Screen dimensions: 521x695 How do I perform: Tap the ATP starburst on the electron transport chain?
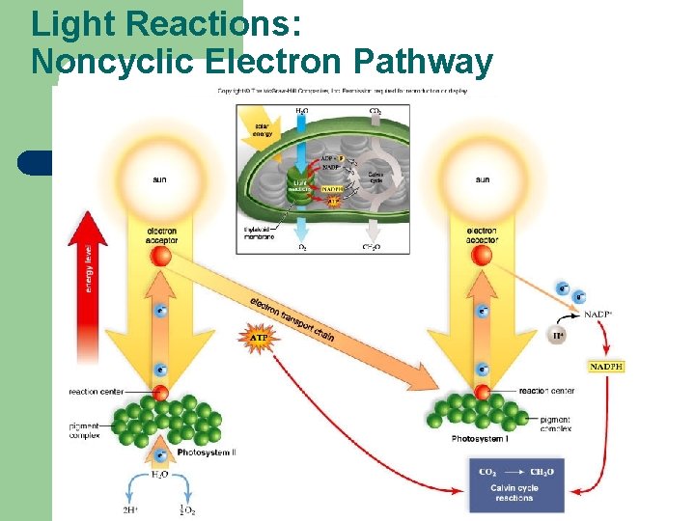click(259, 339)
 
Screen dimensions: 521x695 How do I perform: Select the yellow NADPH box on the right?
click(606, 367)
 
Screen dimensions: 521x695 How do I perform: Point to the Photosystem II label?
click(208, 451)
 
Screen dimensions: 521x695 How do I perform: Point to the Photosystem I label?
click(480, 439)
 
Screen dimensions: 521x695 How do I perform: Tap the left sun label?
click(159, 179)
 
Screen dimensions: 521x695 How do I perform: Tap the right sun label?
click(482, 179)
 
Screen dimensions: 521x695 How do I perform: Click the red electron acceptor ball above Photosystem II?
click(161, 256)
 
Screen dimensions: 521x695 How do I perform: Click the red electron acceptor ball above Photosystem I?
click(482, 256)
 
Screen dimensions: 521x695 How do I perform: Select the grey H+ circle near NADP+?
click(558, 335)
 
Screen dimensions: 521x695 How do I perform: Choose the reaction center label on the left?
click(96, 392)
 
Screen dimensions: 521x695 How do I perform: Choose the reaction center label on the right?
click(546, 391)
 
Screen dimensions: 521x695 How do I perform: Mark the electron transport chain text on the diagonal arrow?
click(292, 317)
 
